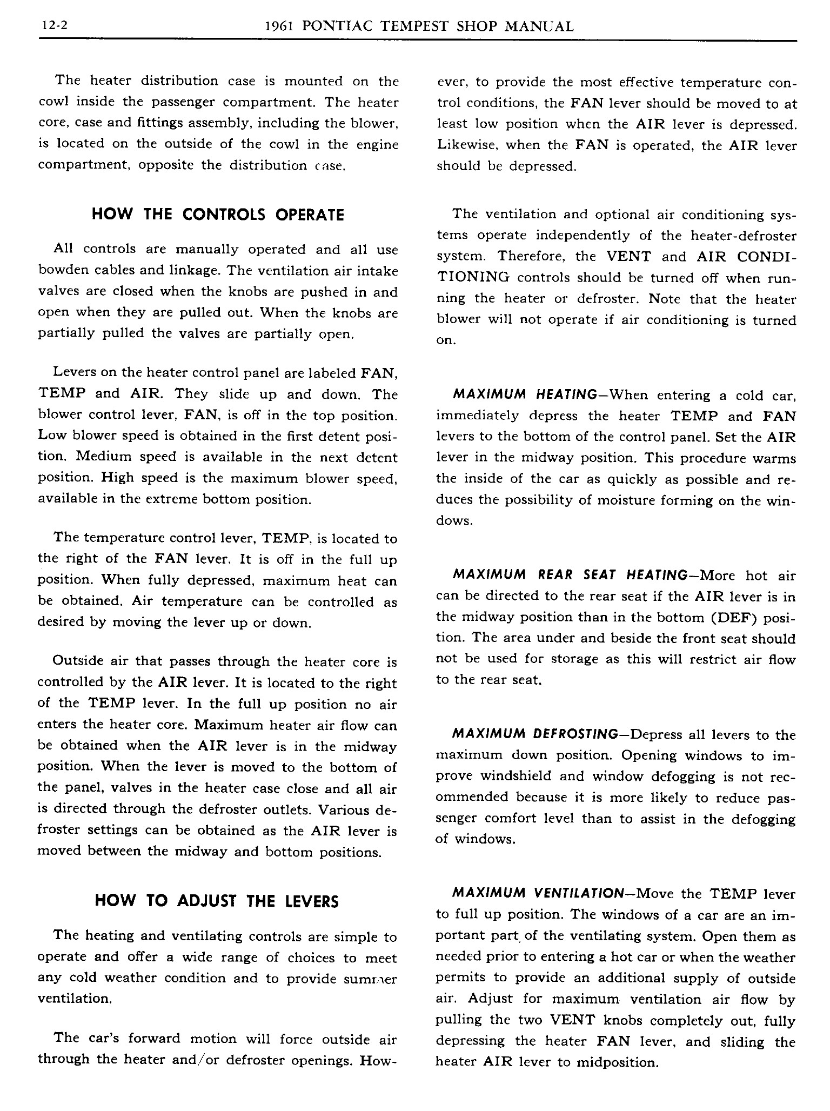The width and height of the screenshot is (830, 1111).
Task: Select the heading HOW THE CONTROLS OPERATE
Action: (x=218, y=215)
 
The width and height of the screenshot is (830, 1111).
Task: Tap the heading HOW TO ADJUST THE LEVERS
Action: (x=217, y=901)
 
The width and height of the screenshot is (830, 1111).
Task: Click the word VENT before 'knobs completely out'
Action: (x=572, y=1020)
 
